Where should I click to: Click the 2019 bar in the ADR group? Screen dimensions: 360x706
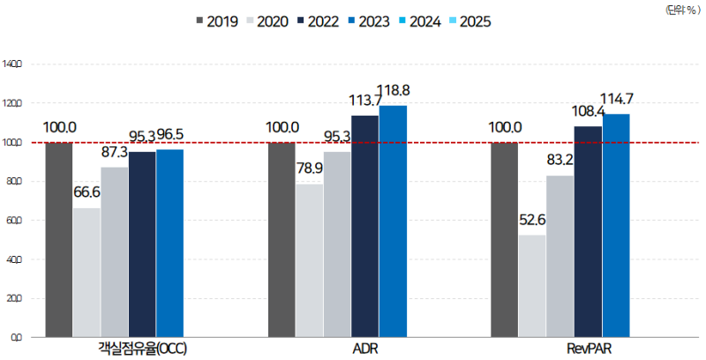(282, 239)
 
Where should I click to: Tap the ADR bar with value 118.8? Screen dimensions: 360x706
(393, 221)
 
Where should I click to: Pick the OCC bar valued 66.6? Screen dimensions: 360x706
(86, 272)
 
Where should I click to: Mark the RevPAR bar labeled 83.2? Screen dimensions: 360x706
(560, 256)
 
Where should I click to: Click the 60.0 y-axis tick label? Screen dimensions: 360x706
(13, 221)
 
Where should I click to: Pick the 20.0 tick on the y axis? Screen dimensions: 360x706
(13, 298)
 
